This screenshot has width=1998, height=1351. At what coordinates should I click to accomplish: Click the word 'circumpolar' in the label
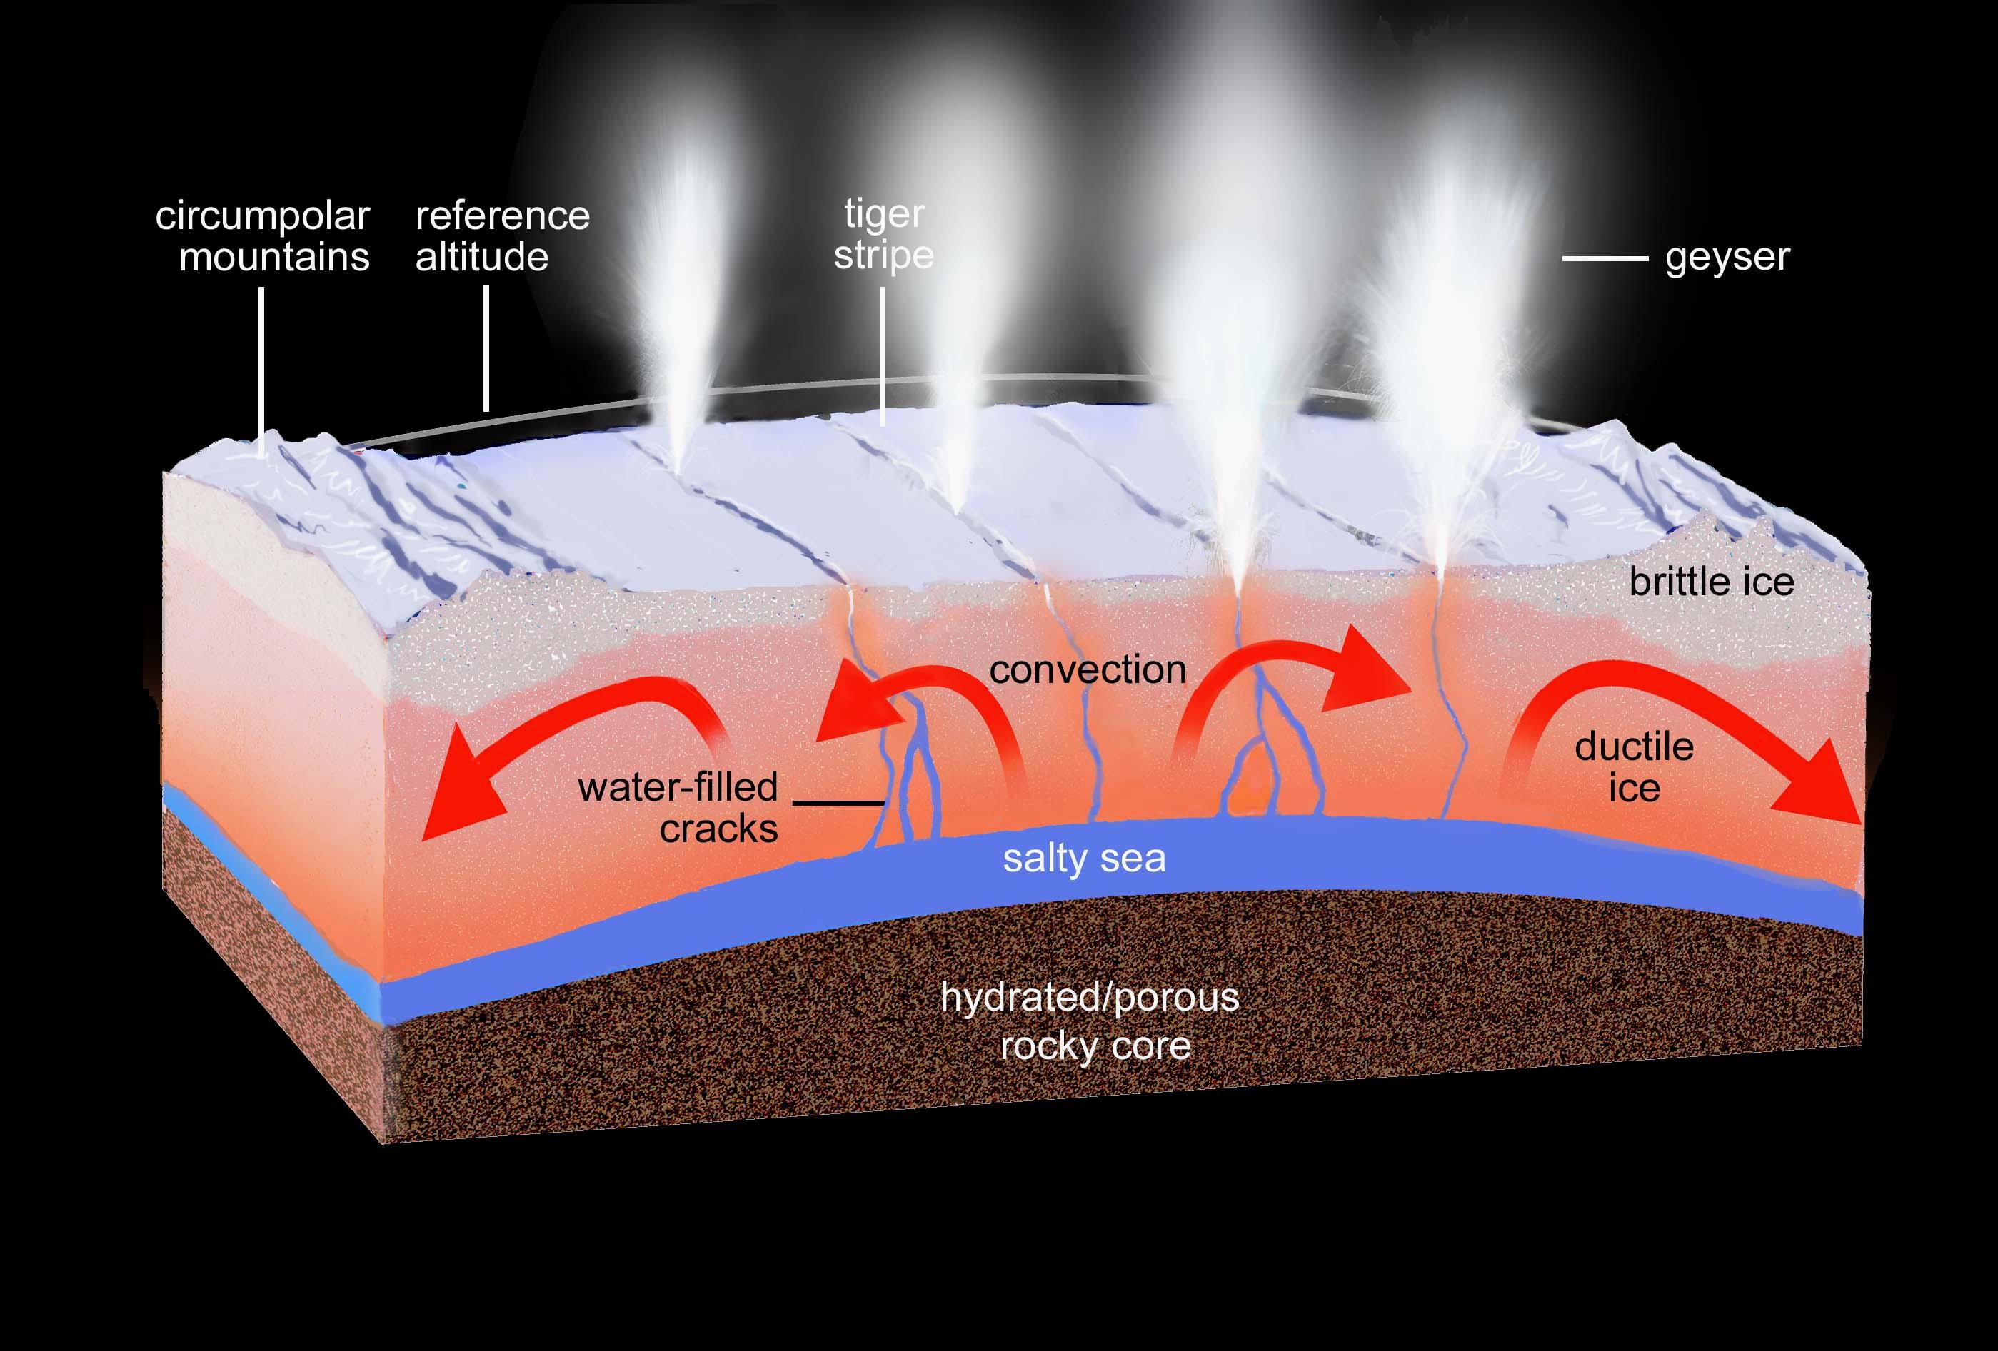coord(262,216)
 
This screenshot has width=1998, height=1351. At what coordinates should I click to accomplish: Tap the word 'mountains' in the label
coord(274,258)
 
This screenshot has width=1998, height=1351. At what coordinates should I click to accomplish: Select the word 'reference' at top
coord(502,216)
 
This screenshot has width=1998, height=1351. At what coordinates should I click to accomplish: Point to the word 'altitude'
coord(481,258)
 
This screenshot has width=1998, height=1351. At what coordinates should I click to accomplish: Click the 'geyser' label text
coord(1727,258)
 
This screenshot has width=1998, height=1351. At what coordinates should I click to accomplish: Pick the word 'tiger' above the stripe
coord(884,214)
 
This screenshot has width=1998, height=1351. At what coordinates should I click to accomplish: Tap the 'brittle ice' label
coord(1712,582)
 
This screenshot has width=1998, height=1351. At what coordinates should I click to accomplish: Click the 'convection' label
coord(1088,670)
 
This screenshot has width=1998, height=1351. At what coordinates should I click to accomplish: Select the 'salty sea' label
coord(1084,859)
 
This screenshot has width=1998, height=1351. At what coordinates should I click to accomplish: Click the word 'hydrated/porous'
coord(1089,997)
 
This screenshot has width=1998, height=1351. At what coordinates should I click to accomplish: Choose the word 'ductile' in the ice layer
coord(1635,747)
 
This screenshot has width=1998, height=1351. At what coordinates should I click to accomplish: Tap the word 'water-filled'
coord(678,787)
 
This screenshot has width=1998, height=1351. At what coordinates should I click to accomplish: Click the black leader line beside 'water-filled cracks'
coord(838,803)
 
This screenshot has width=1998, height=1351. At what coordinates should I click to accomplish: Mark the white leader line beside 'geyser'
coord(1605,258)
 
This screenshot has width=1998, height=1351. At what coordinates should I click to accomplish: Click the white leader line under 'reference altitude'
coord(486,348)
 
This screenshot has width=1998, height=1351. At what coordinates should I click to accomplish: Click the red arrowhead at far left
coord(456,804)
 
